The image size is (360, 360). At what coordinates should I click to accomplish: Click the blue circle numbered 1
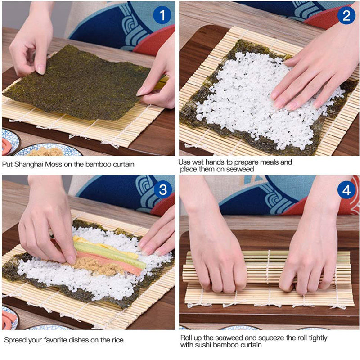pyautogui.click(x=162, y=15)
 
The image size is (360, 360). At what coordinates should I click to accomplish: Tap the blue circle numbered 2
pyautogui.click(x=346, y=15)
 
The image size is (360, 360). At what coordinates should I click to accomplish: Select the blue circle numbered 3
pyautogui.click(x=163, y=189)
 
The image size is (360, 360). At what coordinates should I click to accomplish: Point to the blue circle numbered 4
pyautogui.click(x=346, y=190)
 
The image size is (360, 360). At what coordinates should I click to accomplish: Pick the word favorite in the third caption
pyautogui.click(x=58, y=340)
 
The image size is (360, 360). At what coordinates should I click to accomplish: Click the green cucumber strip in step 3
pyautogui.click(x=110, y=254)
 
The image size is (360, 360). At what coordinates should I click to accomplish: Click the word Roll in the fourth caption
pyautogui.click(x=186, y=338)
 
